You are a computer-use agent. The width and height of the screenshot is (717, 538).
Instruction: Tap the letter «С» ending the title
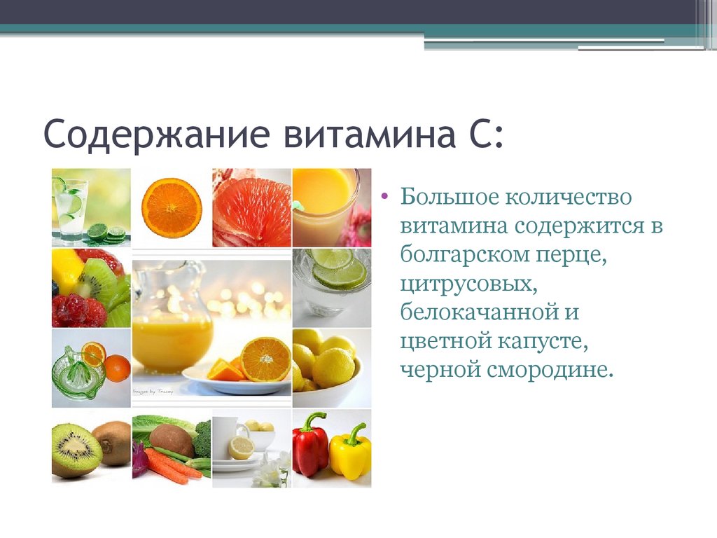pyautogui.click(x=478, y=133)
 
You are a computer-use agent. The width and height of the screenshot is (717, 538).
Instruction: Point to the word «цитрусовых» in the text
pyautogui.click(x=468, y=284)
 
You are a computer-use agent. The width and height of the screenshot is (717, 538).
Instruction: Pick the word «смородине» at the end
pyautogui.click(x=549, y=370)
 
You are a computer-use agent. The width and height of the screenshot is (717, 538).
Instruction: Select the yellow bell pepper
pyautogui.click(x=350, y=453)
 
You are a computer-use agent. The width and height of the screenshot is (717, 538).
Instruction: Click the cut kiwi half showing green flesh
pyautogui.click(x=76, y=450)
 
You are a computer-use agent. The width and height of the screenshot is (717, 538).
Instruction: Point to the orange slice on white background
pyautogui.click(x=172, y=207)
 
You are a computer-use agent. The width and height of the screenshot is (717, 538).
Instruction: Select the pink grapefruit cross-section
pyautogui.click(x=251, y=209)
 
